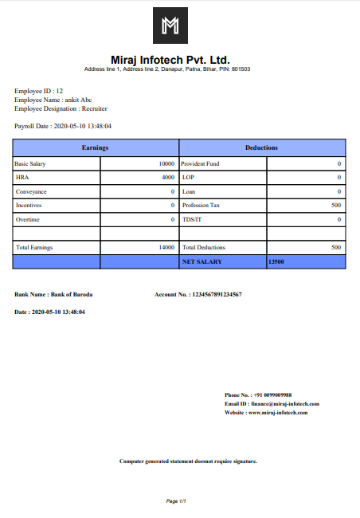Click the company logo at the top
[x=170, y=26]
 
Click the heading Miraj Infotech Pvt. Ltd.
[x=170, y=60]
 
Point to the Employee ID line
[x=38, y=92]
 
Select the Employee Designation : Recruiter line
[x=61, y=108]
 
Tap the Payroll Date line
[x=63, y=126]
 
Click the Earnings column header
[x=96, y=148]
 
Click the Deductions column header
[x=262, y=148]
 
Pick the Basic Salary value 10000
[x=166, y=163]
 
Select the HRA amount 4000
[x=168, y=178]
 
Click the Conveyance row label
[x=31, y=191]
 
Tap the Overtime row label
[x=27, y=219]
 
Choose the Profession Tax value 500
[x=336, y=206]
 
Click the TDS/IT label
[x=192, y=219]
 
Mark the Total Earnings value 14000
[x=166, y=248]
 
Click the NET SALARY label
[x=202, y=261]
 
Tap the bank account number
[x=216, y=295]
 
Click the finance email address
[x=284, y=404]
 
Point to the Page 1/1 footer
[x=176, y=500]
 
